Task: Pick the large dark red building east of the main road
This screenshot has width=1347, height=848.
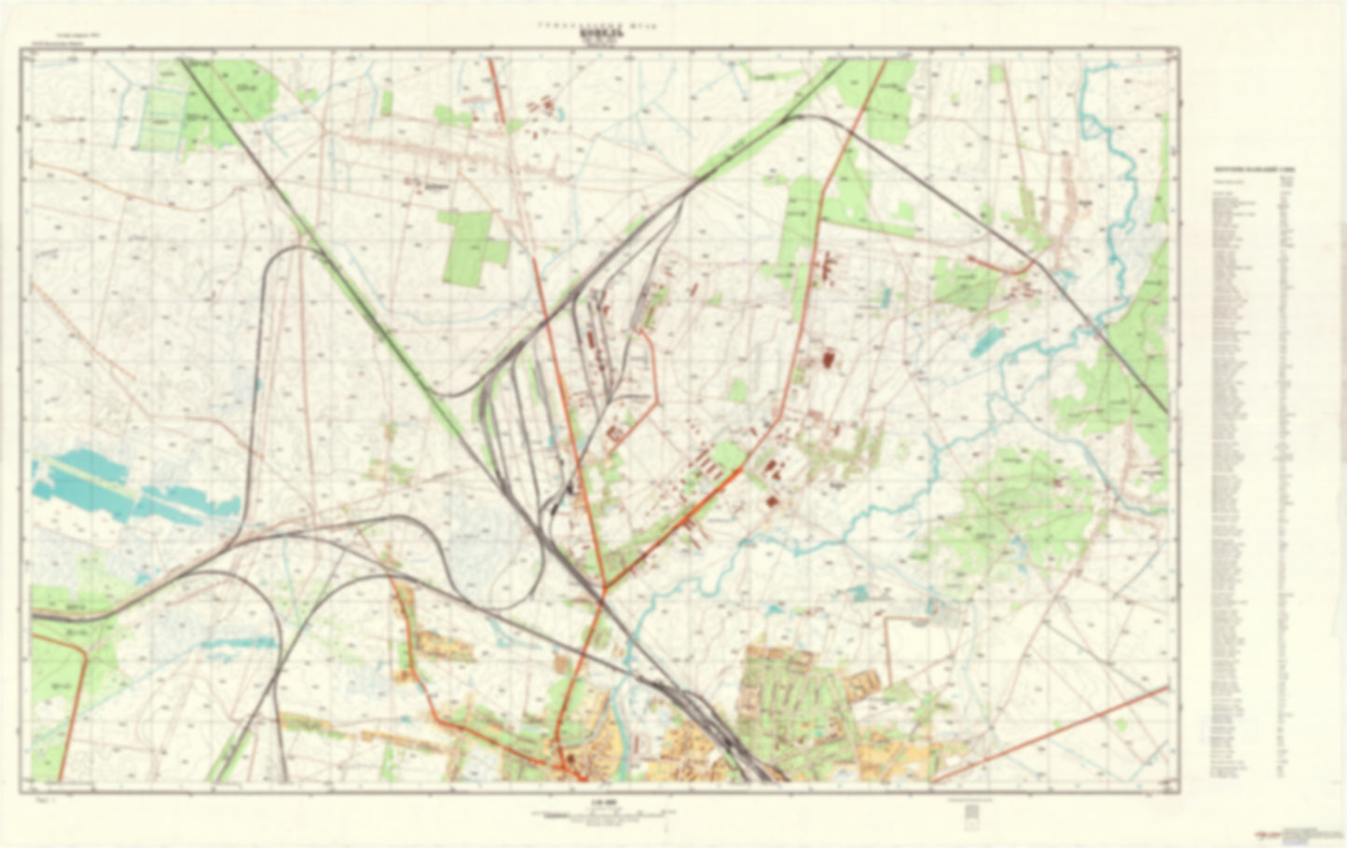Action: click(x=829, y=359)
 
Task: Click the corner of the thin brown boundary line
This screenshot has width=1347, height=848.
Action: click(x=886, y=618)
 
